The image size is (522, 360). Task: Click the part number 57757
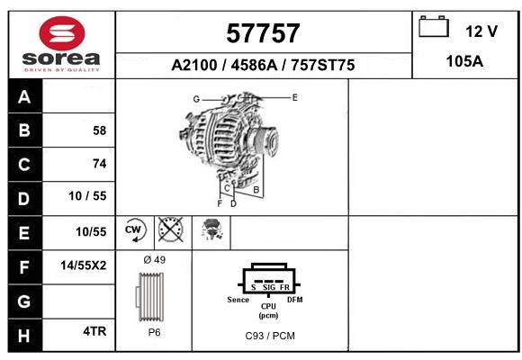263,33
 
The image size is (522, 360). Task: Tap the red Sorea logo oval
62,33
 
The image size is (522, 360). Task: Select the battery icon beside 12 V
434,26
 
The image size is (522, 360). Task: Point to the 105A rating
464,61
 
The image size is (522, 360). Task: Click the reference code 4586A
254,65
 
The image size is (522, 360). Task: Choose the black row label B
24,130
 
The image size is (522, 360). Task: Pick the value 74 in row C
100,164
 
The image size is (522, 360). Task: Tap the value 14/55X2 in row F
83,265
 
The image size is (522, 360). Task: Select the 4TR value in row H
94,331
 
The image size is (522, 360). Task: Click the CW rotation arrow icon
134,229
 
